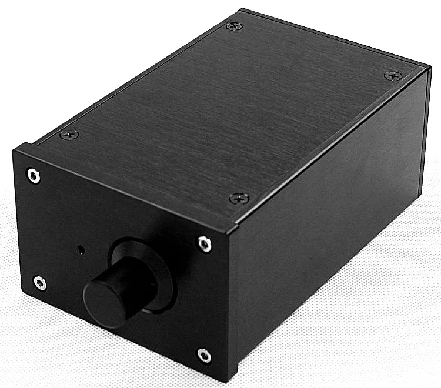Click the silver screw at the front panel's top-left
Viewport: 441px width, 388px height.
click(x=34, y=175)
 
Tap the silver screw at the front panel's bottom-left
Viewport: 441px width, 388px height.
click(x=39, y=283)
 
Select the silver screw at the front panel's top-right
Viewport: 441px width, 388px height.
click(x=203, y=243)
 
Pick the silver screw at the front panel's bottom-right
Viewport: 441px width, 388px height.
click(x=203, y=354)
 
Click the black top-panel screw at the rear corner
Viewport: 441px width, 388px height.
click(x=235, y=26)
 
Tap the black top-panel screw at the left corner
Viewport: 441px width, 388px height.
click(x=69, y=135)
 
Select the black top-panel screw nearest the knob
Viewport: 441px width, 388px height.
click(x=239, y=199)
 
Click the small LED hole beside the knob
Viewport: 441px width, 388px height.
click(x=81, y=250)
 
